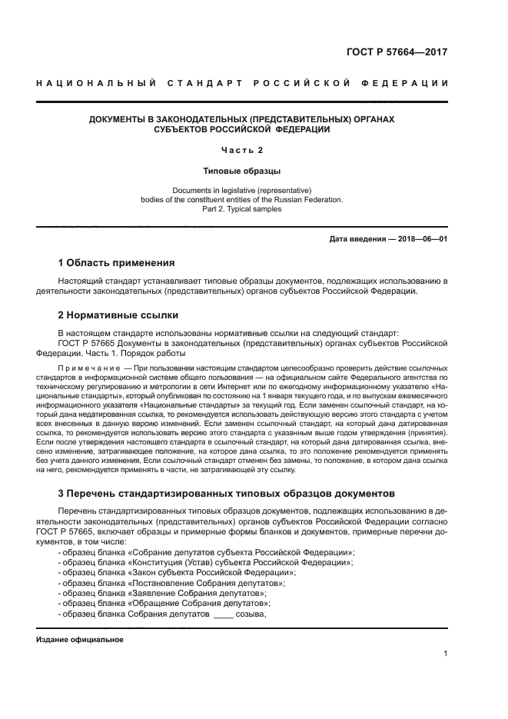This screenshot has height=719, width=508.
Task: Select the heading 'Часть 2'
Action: (241, 150)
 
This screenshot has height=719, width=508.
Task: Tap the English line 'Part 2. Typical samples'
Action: (241, 208)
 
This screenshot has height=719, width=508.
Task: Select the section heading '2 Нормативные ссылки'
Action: (118, 315)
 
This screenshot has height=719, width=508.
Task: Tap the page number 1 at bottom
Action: (446, 654)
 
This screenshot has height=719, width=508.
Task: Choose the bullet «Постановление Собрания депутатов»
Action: (172, 584)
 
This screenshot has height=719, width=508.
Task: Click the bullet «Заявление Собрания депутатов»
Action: (163, 594)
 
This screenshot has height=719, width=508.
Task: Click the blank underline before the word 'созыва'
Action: (223, 615)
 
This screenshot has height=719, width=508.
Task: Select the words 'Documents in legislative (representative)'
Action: (241, 189)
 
